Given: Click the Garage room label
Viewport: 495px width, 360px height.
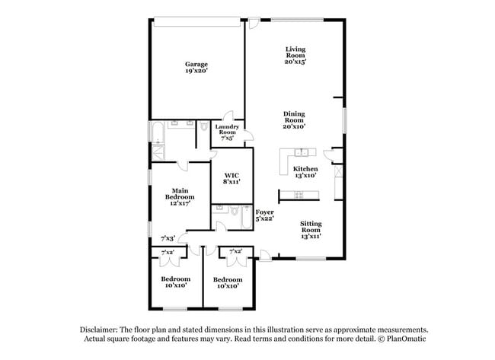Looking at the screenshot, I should [x=196, y=64].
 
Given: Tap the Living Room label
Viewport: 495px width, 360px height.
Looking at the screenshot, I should [x=294, y=53].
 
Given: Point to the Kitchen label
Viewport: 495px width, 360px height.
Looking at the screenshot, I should [x=305, y=168].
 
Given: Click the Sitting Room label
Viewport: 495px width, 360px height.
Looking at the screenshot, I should [x=310, y=226].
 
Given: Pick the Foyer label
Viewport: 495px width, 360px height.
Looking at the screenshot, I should [x=264, y=212].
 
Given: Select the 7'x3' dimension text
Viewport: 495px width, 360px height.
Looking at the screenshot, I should [x=168, y=238].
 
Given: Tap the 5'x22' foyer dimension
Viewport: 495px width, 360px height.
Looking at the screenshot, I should [x=264, y=218].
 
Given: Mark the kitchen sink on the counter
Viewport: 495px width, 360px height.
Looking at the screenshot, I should [x=299, y=195].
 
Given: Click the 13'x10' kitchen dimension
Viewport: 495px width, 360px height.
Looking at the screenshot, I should [x=305, y=175].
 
